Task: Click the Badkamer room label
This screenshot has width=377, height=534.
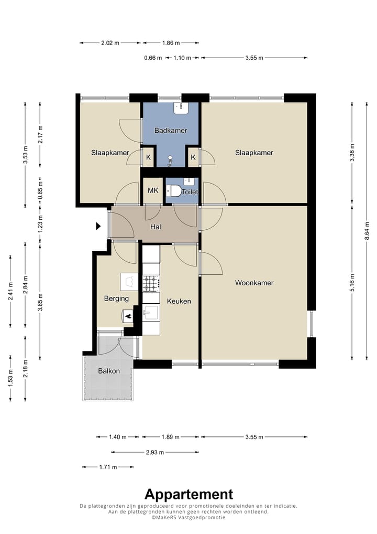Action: (x=171, y=131)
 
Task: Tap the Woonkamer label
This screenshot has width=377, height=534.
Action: (x=254, y=283)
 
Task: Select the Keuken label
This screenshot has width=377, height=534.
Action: (x=179, y=301)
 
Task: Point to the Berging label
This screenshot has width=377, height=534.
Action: (x=116, y=298)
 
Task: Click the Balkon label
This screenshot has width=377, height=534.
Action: (x=109, y=371)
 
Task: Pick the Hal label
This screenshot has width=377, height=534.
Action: (x=156, y=227)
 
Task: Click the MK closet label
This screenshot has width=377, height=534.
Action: (x=153, y=190)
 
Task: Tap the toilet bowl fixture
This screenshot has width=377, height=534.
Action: (x=174, y=191)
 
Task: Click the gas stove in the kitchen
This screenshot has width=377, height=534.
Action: (x=151, y=283)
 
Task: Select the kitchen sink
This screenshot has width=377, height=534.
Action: (x=151, y=312)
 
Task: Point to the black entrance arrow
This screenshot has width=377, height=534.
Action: (x=98, y=226)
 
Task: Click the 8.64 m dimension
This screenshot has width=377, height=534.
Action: (x=367, y=231)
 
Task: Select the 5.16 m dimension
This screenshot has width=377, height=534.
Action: (x=352, y=283)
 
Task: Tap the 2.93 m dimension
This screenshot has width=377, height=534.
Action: (x=155, y=452)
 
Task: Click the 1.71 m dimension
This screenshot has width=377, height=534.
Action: (x=108, y=467)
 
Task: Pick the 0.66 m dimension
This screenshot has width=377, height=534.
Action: (x=153, y=58)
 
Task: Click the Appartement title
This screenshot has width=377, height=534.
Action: (x=188, y=494)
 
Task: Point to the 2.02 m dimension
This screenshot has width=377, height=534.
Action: (x=110, y=43)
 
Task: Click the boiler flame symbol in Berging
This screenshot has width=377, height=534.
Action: (x=128, y=316)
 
